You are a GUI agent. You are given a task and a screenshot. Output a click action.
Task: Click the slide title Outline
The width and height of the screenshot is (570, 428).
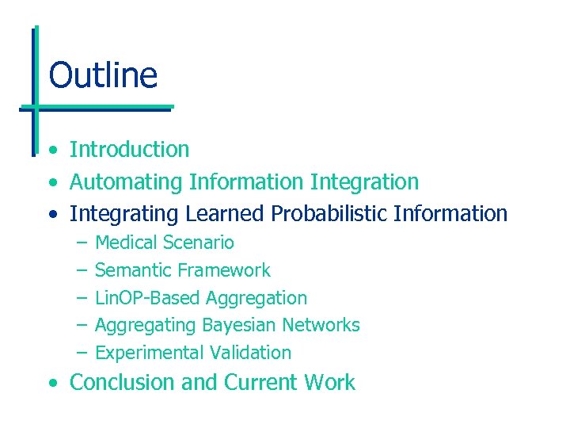coord(103,75)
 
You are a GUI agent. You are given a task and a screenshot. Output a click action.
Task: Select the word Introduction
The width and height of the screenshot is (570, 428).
coord(130,149)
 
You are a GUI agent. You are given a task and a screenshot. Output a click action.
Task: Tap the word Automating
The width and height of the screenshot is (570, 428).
coord(126,182)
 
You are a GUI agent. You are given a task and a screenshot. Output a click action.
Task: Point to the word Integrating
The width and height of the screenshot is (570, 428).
coord(124,214)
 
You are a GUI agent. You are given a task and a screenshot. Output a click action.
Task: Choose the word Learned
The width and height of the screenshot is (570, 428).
coord(225,214)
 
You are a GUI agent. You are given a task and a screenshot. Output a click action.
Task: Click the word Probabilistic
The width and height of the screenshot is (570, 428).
coord(329,214)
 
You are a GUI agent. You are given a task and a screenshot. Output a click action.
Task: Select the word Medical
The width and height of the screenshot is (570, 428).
coord(126,243)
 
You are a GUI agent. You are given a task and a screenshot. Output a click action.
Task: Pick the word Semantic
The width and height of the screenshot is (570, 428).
coord(131,270)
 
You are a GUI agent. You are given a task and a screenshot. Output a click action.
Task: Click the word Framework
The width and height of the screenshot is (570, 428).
coord(224,270)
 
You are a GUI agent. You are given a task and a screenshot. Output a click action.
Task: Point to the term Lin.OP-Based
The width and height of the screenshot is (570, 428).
coord(146,298)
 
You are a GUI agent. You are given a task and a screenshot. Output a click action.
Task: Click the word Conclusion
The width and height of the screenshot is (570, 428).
coord(123,382)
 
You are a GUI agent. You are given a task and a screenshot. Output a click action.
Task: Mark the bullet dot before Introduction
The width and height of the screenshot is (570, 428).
coord(51,151)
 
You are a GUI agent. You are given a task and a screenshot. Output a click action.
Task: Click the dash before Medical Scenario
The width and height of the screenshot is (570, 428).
coord(81,243)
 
